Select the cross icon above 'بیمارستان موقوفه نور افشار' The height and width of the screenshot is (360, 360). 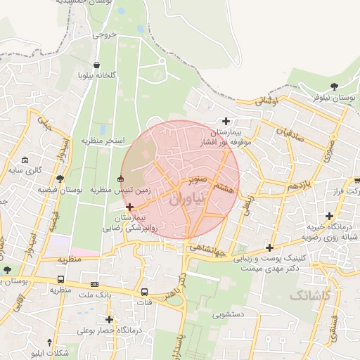coord(226,121)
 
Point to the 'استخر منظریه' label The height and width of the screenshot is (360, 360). coord(102,141)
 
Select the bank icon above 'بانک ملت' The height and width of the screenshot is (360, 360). coord(95,284)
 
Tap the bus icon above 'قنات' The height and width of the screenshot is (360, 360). coord(144,292)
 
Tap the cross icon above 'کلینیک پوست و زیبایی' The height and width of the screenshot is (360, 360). coord(270,247)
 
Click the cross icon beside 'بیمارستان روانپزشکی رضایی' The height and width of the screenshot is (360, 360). coord(129,206)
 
